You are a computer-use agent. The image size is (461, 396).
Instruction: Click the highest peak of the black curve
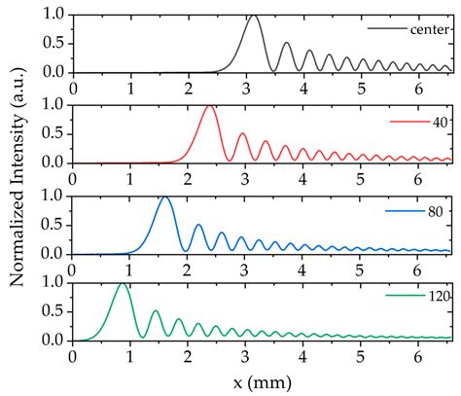pos(254,16)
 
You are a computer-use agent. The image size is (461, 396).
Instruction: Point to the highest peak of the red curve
pos(209,105)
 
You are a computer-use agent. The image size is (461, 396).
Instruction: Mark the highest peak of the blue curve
pos(164,197)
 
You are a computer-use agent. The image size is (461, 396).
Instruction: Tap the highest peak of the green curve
pos(122,284)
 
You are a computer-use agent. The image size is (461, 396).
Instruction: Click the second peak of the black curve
pos(286,43)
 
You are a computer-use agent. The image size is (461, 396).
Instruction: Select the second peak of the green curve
pos(155,311)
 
